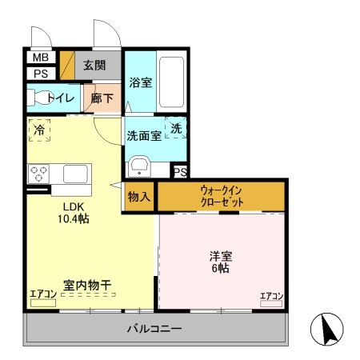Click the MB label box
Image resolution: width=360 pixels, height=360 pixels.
[38, 58]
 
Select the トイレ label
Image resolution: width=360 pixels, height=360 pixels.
[62, 98]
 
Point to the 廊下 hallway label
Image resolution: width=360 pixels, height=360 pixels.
[102, 98]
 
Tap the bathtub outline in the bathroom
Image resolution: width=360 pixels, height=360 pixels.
[171, 82]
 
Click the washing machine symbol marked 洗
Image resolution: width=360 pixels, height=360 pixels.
[176, 128]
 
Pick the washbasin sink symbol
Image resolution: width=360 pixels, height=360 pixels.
[141, 167]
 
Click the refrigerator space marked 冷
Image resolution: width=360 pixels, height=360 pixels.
[39, 129]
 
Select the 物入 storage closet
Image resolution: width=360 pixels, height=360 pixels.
[139, 197]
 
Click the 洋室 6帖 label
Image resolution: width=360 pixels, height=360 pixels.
[220, 262]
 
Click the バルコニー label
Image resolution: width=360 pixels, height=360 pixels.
[154, 329]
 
